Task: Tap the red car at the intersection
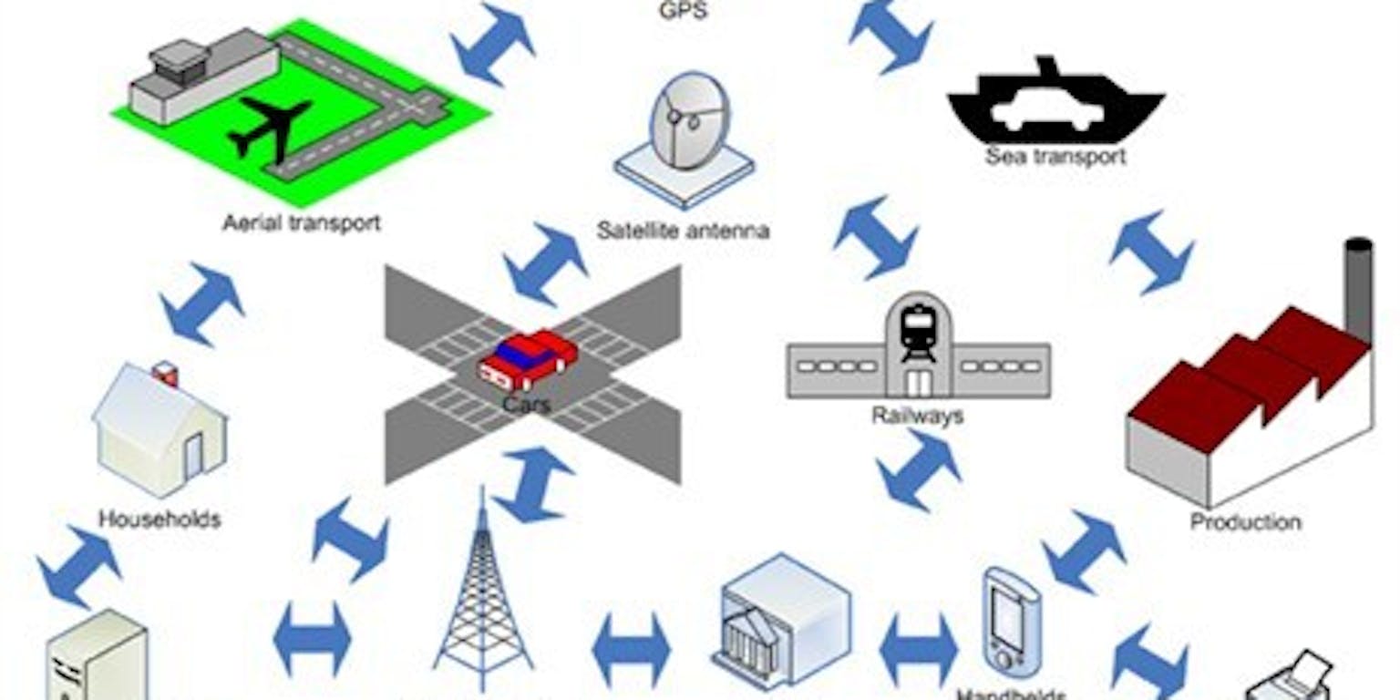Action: [528, 359]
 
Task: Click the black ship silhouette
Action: [1055, 105]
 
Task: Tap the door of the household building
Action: [194, 456]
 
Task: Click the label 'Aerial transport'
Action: [301, 222]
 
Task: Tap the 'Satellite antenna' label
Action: [683, 231]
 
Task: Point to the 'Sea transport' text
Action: [1055, 157]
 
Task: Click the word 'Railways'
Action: [917, 417]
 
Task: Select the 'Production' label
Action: [1245, 522]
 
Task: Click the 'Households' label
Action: [160, 520]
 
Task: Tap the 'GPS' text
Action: [682, 12]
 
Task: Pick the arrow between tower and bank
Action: [631, 650]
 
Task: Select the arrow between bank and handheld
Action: [918, 650]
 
